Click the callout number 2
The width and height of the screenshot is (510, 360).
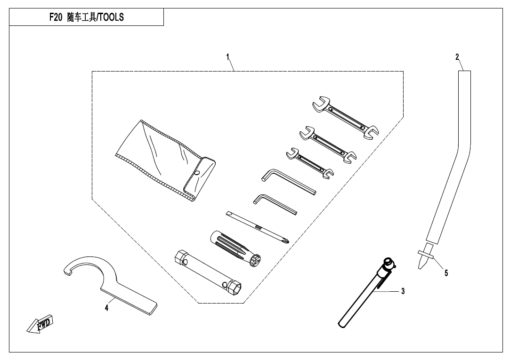(x=457, y=56)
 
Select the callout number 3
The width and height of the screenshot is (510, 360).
(x=403, y=292)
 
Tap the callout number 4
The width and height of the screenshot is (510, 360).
(x=106, y=308)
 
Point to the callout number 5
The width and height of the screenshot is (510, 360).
(x=446, y=272)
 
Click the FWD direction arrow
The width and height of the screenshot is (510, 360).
(x=40, y=324)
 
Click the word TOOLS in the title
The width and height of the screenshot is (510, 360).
(x=111, y=18)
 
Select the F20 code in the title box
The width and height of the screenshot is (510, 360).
(x=56, y=18)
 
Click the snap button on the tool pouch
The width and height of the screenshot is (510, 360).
(x=198, y=173)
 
